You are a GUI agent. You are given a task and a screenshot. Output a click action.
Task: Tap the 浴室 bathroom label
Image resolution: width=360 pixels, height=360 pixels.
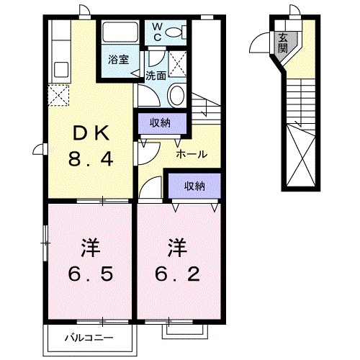tap(119, 59)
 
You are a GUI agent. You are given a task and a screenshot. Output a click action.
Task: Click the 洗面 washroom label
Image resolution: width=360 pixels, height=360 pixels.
tap(156, 74)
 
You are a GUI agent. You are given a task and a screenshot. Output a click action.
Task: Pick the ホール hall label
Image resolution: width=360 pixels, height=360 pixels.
tap(192, 153)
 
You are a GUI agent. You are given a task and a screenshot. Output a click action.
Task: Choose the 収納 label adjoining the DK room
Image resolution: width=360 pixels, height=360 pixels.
tap(160, 122)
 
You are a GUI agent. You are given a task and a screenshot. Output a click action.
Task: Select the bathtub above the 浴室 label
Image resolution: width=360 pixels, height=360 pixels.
tap(120, 33)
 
